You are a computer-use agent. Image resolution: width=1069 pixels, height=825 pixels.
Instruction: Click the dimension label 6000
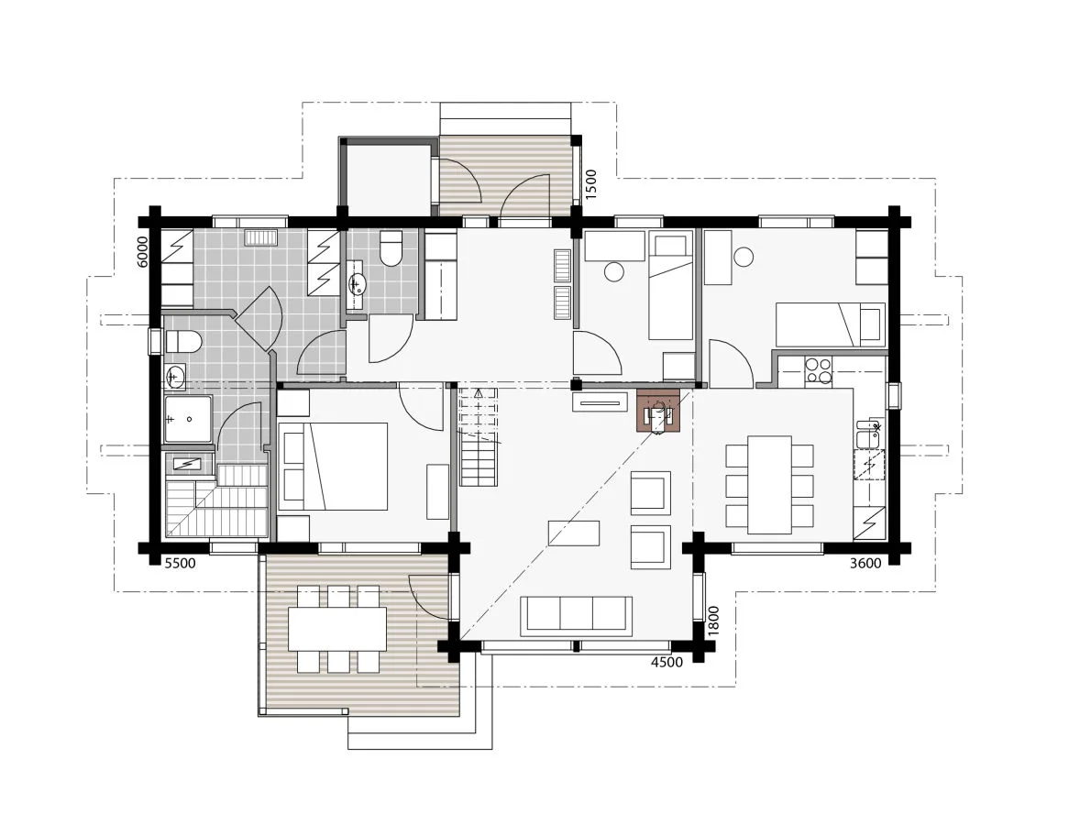(142, 251)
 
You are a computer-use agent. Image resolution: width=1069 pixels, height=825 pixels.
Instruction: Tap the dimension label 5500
(180, 564)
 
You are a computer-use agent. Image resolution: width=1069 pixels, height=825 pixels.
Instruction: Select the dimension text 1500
(591, 184)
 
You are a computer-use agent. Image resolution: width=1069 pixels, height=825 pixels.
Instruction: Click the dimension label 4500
(666, 663)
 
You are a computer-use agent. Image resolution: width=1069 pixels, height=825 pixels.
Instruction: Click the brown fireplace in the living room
(658, 412)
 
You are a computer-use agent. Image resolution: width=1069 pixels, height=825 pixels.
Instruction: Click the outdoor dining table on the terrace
(336, 629)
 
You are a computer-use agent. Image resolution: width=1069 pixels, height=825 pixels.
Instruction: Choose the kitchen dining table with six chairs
(769, 484)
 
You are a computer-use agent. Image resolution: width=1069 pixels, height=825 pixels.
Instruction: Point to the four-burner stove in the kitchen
(818, 369)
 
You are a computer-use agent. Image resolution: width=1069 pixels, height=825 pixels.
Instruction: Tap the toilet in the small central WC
(391, 249)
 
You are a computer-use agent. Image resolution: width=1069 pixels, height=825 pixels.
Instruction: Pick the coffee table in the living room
(574, 533)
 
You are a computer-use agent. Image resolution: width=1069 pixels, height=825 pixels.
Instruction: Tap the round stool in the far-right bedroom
(744, 258)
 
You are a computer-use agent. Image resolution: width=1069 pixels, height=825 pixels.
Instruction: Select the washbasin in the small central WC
(357, 285)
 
